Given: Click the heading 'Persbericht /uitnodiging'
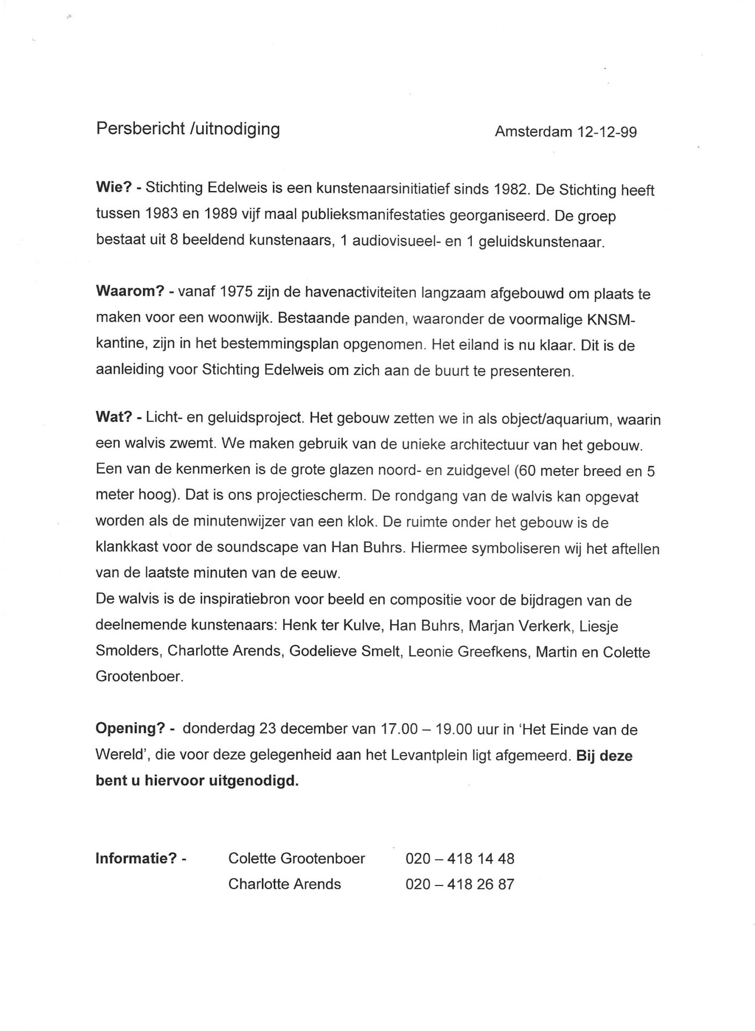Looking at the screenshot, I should (x=188, y=129).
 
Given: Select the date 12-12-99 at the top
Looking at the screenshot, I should (x=607, y=132).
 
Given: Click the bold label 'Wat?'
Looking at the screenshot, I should (x=113, y=418).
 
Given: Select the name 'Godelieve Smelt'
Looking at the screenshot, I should (x=345, y=651).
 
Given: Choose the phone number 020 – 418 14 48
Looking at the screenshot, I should (x=460, y=859).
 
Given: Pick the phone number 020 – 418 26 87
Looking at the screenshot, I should (x=460, y=884).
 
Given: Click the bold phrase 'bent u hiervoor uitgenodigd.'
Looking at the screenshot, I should (x=197, y=780).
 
